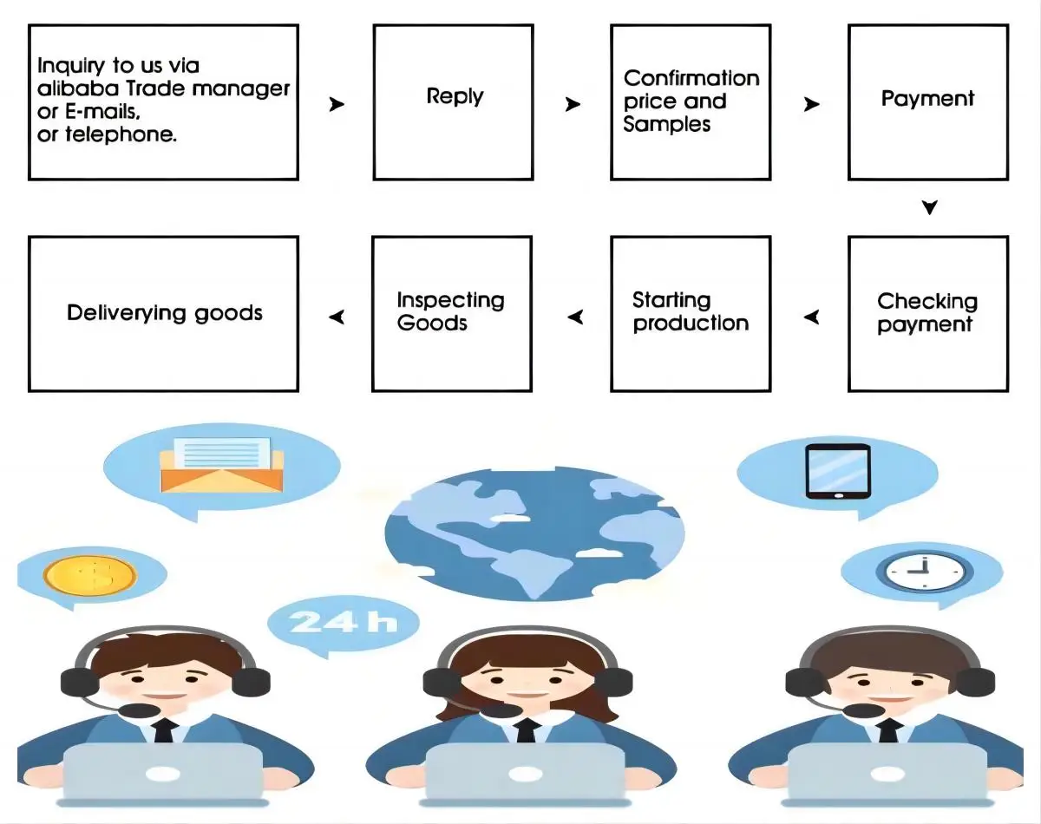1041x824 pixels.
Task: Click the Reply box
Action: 453,102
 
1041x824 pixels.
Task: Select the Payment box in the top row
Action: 927,102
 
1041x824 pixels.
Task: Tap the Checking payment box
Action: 927,313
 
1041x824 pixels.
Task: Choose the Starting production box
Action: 691,313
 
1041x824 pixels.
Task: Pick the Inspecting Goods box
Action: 451,313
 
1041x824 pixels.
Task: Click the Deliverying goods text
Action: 165,313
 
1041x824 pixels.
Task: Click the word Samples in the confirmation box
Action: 666,125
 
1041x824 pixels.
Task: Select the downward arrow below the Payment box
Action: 929,208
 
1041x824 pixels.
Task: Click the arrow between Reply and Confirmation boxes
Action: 573,105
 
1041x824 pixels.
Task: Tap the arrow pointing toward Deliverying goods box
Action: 337,317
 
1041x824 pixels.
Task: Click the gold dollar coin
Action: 89,575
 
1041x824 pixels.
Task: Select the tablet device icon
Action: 837,472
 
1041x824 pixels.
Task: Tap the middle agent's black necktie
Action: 524,731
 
